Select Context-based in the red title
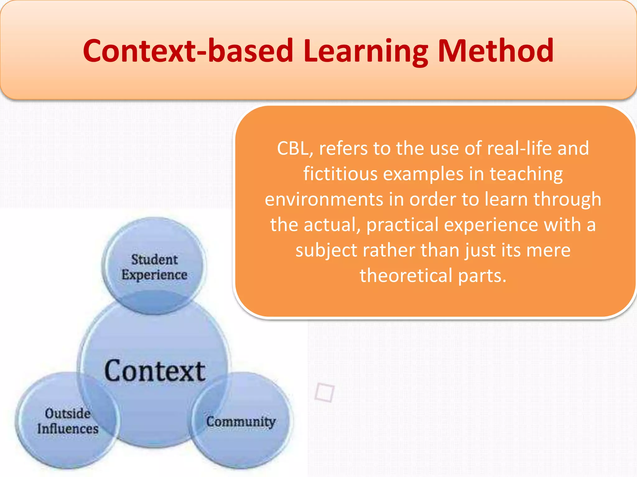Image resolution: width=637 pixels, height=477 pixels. coord(188,51)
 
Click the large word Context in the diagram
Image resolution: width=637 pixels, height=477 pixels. coord(155,371)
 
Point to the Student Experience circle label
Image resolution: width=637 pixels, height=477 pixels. coord(154,267)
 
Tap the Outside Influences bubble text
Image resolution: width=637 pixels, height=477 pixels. coord(68,421)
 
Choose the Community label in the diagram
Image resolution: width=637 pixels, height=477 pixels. coord(241,422)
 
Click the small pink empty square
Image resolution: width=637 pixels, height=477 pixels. coord(324,393)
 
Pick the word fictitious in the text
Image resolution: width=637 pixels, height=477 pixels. coord(340,174)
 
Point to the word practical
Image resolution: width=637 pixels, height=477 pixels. coord(402,225)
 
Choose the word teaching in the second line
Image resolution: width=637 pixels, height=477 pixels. coord(526,174)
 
